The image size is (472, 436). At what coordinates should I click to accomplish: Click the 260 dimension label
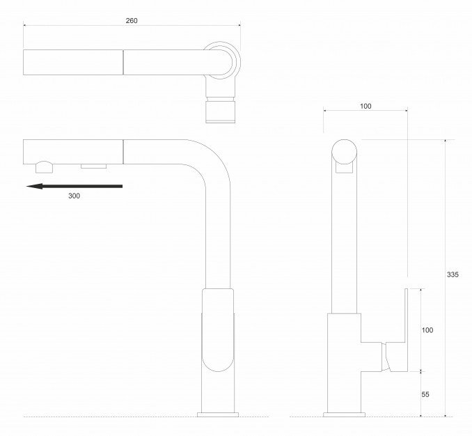point(132,20)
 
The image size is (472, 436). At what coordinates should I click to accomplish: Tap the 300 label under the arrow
point(74,196)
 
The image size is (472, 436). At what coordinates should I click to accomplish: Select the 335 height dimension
point(453,274)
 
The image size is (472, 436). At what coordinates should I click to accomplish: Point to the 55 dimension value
point(425,394)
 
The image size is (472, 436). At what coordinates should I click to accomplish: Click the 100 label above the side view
point(365,106)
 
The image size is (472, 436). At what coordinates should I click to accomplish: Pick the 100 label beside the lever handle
point(427,330)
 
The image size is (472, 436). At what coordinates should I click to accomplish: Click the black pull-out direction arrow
point(74,186)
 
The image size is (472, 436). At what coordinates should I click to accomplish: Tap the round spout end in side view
point(345,152)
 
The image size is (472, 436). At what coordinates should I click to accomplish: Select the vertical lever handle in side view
point(406,329)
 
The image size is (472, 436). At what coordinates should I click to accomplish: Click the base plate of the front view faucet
point(218,414)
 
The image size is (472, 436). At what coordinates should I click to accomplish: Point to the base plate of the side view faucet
point(344,414)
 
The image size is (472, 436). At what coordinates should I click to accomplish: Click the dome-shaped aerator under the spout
point(45,167)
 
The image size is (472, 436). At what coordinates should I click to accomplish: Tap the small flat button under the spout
point(93,166)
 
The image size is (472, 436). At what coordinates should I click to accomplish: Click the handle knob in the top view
point(221,112)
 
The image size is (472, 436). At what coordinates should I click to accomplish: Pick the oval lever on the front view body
point(218,329)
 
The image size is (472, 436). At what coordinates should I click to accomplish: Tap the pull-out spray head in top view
point(73,62)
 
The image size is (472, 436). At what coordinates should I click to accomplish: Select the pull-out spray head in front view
point(73,152)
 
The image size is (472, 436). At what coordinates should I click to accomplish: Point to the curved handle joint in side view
point(386,357)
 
